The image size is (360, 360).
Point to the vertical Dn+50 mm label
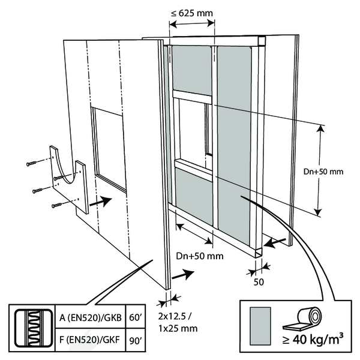[x=323, y=172]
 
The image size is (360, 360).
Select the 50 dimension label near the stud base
[x=259, y=280]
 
